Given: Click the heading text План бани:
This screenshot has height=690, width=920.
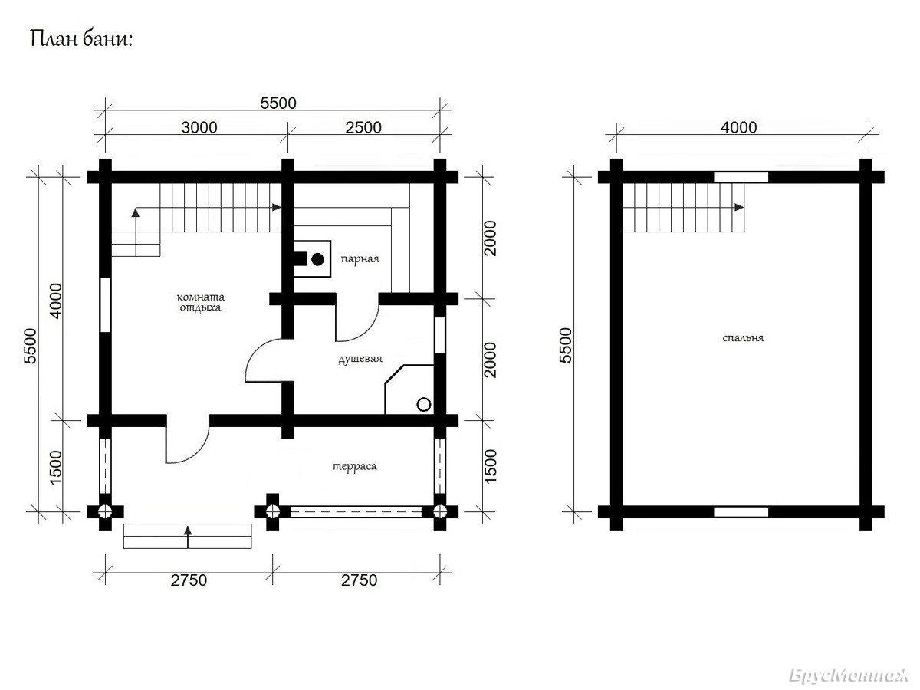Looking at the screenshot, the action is (82, 40).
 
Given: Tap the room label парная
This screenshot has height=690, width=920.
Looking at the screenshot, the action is (360, 259).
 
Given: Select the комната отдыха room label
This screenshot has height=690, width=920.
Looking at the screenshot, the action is (201, 303).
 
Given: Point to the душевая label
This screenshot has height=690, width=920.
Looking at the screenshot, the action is (360, 359).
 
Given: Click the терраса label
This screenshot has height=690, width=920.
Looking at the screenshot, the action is (355, 466).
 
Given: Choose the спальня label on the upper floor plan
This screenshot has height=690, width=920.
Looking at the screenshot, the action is (743, 337).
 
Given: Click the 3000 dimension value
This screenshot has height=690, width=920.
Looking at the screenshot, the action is (199, 127).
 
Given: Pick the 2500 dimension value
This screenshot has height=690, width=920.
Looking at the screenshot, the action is (363, 127).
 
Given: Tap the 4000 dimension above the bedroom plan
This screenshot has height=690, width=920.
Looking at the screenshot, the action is (738, 127).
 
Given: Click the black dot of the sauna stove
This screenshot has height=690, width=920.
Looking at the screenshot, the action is (318, 260).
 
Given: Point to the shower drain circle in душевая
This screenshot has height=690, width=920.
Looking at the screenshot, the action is (424, 405).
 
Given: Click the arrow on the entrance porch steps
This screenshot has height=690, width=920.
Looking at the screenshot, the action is (188, 537).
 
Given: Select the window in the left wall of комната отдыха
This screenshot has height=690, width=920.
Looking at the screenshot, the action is (106, 304).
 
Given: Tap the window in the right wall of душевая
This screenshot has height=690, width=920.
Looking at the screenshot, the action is (439, 335).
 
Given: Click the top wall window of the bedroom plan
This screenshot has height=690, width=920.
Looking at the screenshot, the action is (741, 177).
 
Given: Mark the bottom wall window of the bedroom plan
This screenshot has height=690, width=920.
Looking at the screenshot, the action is (741, 512).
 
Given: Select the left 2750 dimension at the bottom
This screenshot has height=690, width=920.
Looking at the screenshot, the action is (189, 580).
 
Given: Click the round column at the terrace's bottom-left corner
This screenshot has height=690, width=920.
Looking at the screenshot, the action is (105, 512).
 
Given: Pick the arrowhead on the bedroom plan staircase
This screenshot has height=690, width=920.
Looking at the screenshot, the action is (739, 207).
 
